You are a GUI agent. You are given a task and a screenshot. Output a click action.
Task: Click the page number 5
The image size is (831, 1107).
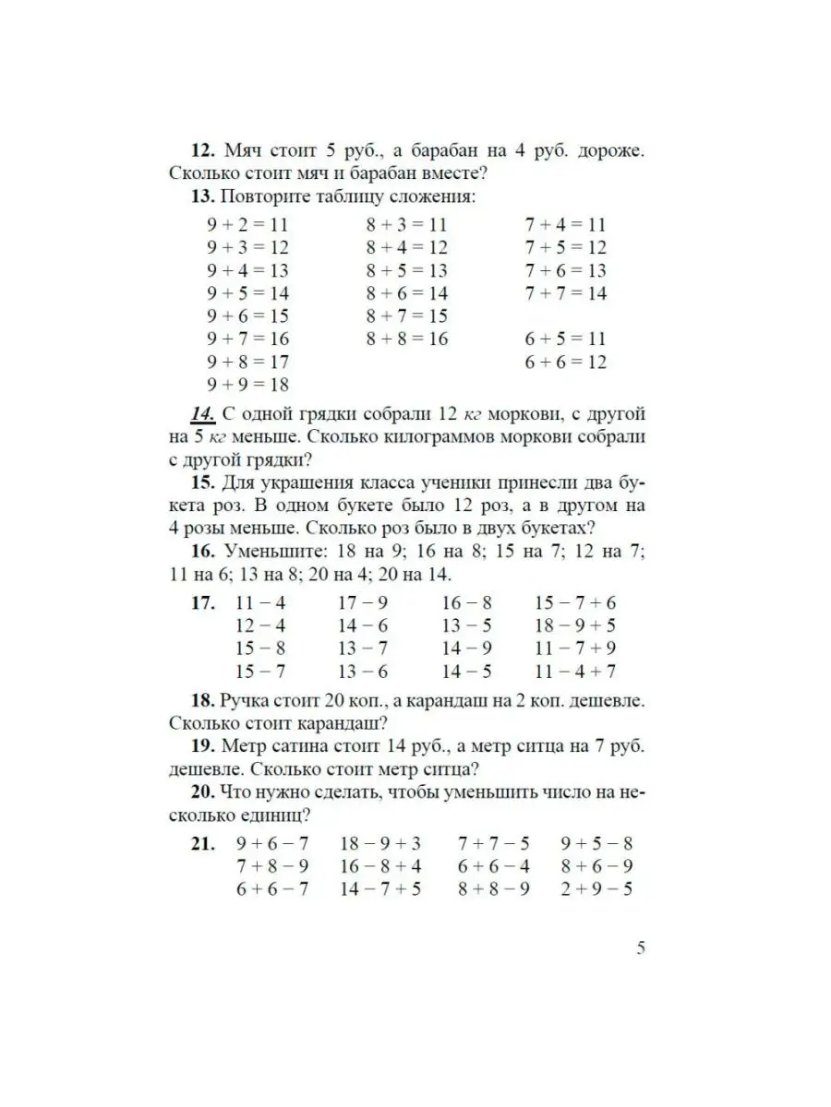(x=640, y=947)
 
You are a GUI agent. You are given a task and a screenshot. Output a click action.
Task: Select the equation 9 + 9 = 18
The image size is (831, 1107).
(x=247, y=385)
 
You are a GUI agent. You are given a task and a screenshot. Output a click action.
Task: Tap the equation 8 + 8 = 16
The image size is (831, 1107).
(x=406, y=339)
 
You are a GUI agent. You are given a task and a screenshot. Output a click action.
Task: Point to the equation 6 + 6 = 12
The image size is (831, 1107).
(x=565, y=362)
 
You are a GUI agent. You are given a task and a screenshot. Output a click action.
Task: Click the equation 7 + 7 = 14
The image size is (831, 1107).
(x=565, y=293)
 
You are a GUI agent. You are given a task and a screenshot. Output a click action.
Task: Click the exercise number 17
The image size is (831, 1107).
(x=203, y=603)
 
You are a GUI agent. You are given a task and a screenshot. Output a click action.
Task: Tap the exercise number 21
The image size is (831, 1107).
(x=203, y=843)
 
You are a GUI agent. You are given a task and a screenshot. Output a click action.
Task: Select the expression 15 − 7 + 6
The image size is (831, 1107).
(x=575, y=603)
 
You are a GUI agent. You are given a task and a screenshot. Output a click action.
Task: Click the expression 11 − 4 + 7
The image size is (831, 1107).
(x=575, y=672)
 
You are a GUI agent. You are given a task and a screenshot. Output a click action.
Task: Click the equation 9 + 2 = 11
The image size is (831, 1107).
(x=247, y=224)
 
